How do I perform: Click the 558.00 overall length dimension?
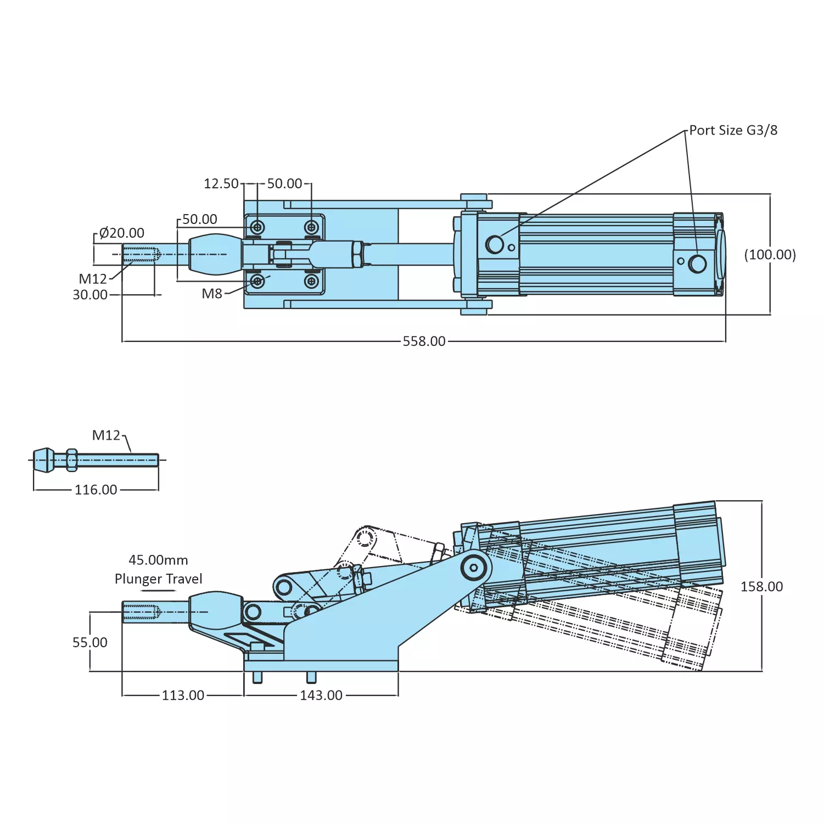click(x=424, y=341)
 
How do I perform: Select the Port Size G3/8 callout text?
click(x=733, y=131)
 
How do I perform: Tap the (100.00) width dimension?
click(x=770, y=255)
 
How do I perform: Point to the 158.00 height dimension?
click(x=761, y=587)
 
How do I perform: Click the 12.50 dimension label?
click(x=221, y=184)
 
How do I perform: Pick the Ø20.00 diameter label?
click(x=121, y=233)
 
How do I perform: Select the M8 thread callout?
click(x=212, y=294)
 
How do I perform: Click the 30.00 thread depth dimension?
click(x=90, y=295)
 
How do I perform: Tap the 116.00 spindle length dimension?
click(x=96, y=490)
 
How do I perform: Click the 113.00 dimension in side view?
click(x=183, y=696)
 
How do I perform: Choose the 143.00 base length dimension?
click(x=321, y=696)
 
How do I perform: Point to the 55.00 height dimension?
click(x=90, y=643)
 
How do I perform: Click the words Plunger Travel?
click(x=158, y=579)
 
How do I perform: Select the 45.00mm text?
click(x=158, y=560)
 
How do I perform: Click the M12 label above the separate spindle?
click(x=106, y=435)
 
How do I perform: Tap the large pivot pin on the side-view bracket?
click(x=474, y=567)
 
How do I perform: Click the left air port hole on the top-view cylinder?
click(x=495, y=244)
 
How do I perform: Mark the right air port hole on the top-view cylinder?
click(x=697, y=264)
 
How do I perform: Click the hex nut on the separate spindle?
click(x=71, y=459)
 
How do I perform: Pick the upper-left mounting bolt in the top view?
click(x=257, y=227)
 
